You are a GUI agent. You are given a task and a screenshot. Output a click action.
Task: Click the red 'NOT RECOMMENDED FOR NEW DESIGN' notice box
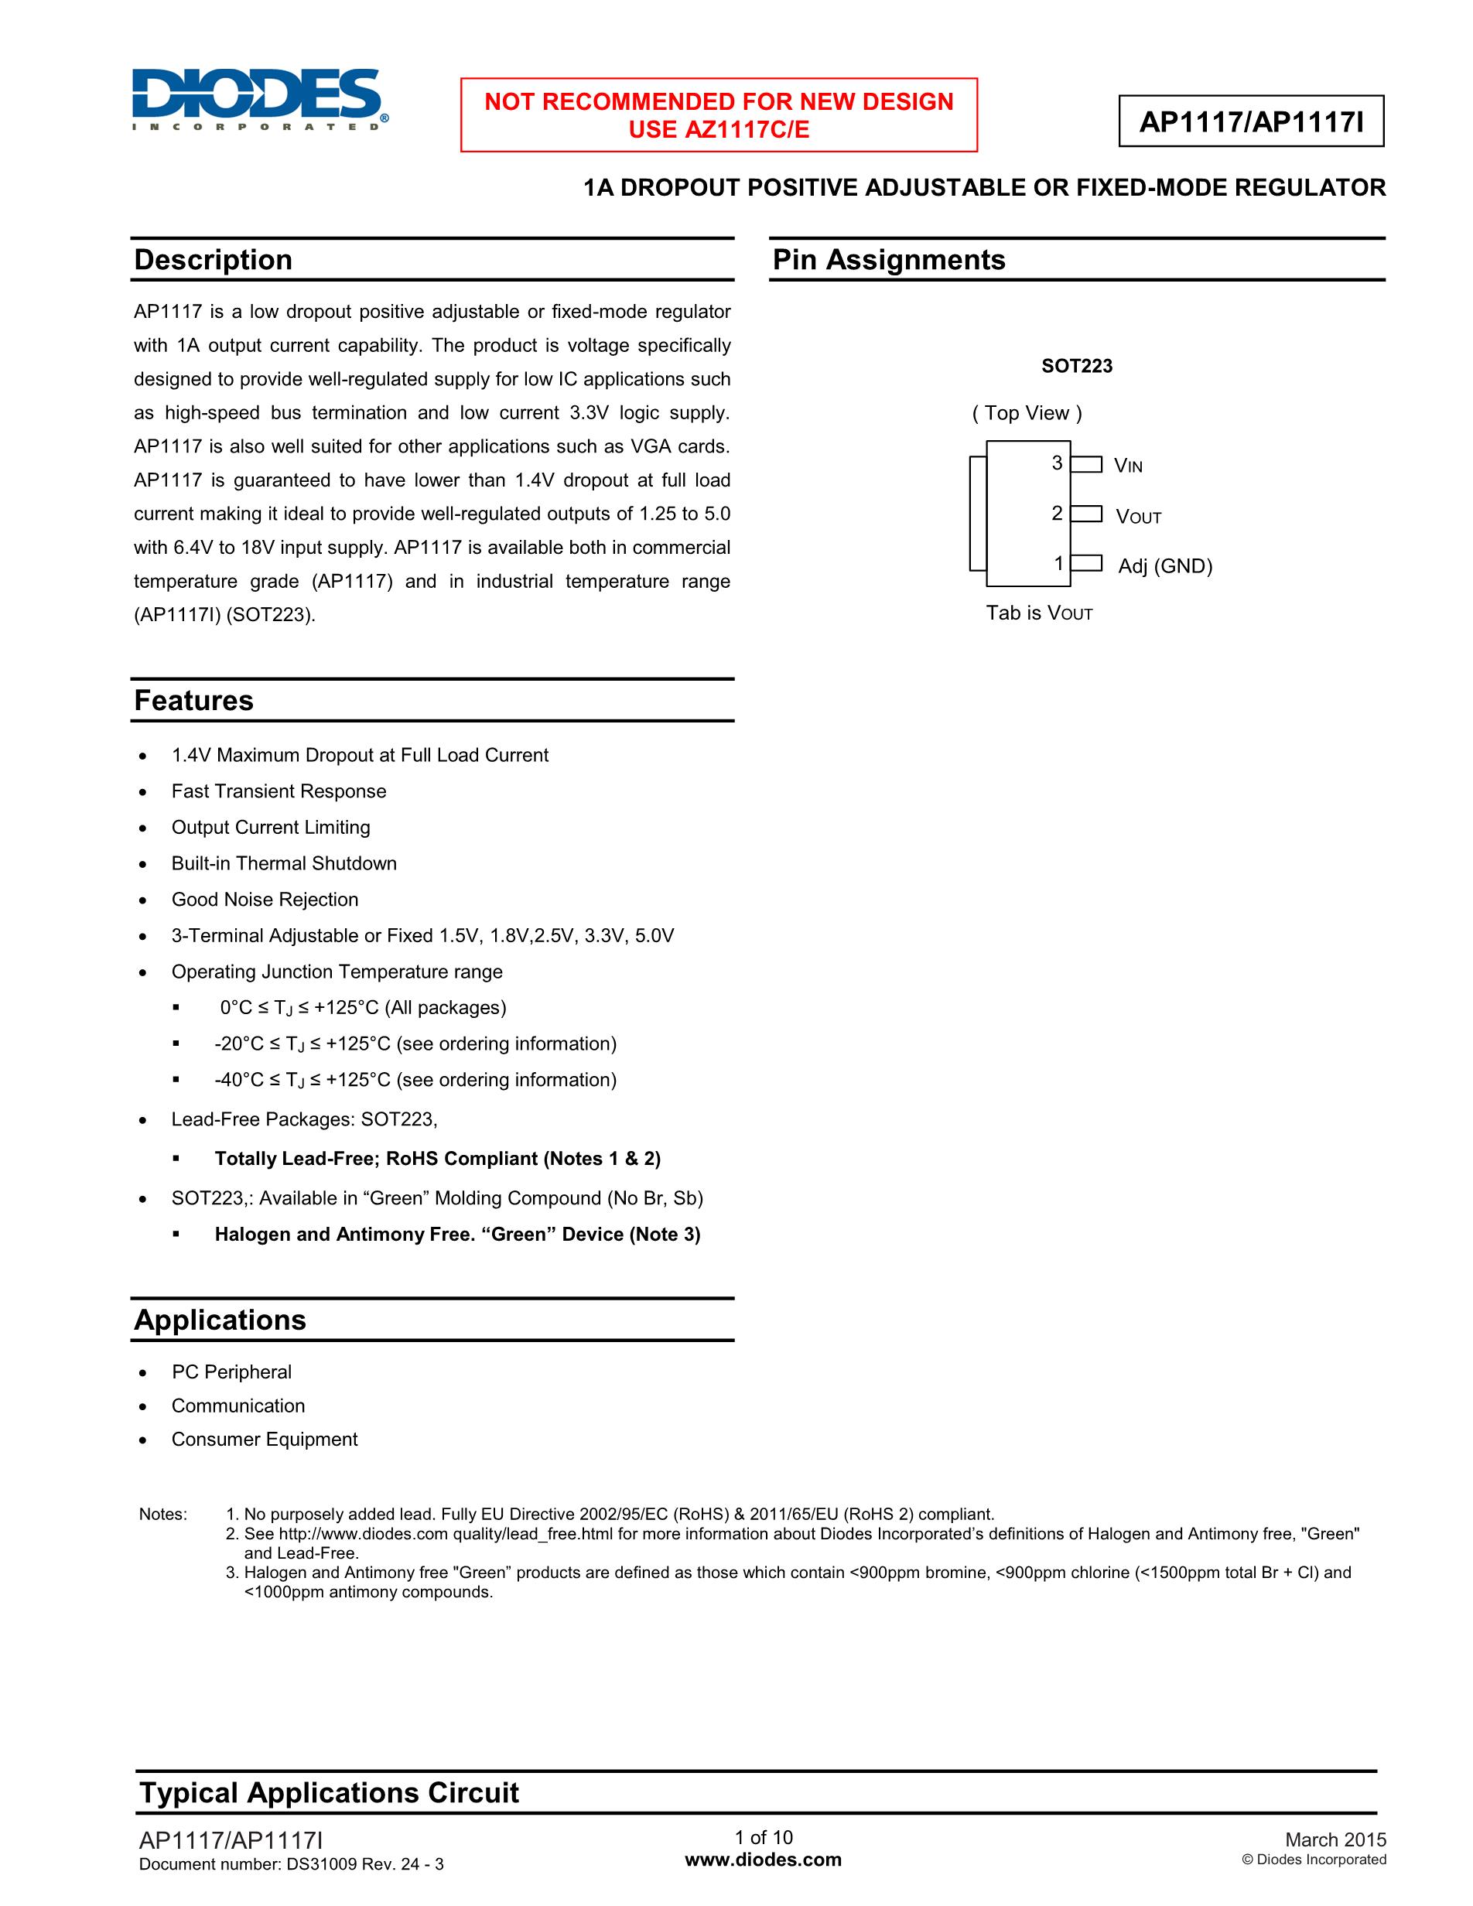point(718,115)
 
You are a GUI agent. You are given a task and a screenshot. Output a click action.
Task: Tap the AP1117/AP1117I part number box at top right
point(1250,121)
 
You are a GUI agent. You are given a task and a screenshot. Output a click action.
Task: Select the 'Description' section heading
point(213,260)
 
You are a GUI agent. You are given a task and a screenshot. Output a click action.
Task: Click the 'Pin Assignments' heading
point(888,260)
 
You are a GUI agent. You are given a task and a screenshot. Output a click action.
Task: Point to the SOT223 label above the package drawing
point(1076,367)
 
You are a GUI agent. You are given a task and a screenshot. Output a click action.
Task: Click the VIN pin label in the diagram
point(1127,466)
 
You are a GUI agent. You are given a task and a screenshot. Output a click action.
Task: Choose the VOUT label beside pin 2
point(1138,517)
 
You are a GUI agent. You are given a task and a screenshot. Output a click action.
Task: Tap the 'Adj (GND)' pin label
point(1165,566)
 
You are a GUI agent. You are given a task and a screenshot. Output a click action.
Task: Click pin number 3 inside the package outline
point(1057,463)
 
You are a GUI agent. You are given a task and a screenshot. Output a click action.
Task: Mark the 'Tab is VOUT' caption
point(1038,613)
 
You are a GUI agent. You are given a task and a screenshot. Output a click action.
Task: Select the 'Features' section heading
point(193,701)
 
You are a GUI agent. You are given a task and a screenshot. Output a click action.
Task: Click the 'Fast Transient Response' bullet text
point(279,791)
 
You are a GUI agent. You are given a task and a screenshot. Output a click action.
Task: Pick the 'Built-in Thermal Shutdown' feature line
point(284,864)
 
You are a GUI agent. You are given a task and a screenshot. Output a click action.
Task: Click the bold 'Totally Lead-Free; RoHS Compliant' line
point(437,1159)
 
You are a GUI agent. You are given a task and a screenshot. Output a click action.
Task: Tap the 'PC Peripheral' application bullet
point(231,1372)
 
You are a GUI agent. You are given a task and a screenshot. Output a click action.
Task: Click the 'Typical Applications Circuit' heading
point(329,1792)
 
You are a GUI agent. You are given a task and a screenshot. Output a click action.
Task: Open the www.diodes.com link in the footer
point(763,1860)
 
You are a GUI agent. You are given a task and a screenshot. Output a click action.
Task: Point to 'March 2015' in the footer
point(1335,1840)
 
